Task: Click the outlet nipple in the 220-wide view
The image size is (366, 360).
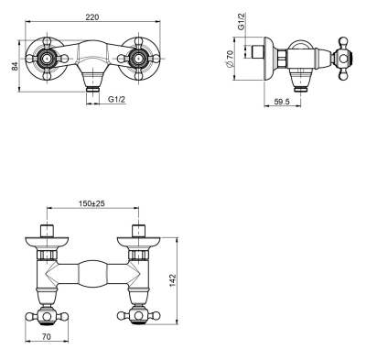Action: (91, 90)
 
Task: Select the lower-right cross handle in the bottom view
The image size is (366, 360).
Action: (137, 316)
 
